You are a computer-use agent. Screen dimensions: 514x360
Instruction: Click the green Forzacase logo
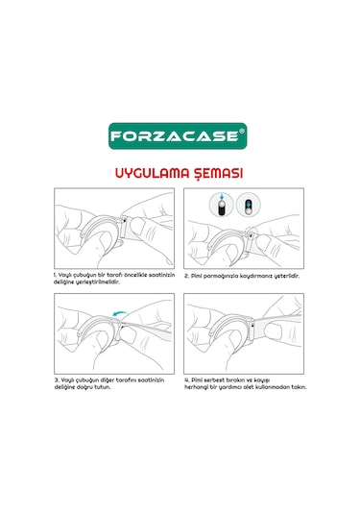click(180, 135)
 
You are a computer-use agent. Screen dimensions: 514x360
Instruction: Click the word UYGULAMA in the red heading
click(151, 174)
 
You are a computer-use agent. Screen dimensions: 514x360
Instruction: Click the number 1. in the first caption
click(56, 275)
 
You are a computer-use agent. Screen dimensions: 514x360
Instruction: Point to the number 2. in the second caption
click(187, 275)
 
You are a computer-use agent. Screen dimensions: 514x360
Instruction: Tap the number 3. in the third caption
click(56, 379)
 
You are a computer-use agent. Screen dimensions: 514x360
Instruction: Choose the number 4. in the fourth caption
click(187, 379)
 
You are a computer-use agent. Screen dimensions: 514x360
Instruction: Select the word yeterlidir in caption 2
click(284, 275)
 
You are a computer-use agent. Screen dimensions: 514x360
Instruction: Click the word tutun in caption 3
click(113, 387)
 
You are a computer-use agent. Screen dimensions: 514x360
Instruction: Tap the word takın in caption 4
click(301, 387)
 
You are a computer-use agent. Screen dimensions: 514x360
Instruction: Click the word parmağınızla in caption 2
click(220, 275)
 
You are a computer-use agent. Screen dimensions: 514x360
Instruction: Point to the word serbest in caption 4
click(218, 379)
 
